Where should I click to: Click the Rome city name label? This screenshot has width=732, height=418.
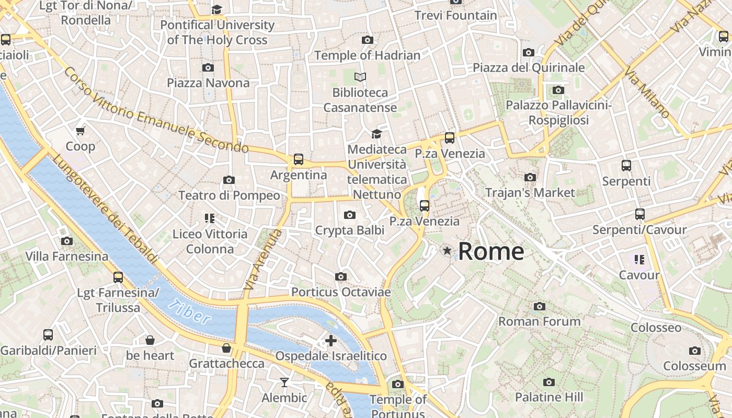point(491,251)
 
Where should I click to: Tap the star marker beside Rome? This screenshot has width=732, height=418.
point(447,251)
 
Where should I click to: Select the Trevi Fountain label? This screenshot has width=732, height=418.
point(455,15)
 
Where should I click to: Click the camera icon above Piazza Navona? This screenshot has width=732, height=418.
point(208,67)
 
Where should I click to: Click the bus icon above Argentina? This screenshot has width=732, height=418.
point(299,159)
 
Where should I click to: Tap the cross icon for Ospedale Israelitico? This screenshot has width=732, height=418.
point(331,341)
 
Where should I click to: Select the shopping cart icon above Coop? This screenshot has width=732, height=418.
point(81,131)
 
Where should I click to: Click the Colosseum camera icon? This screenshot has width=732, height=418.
point(694,351)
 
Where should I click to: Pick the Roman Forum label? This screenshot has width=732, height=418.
point(539,321)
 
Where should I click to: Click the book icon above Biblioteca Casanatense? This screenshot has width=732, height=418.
point(360,77)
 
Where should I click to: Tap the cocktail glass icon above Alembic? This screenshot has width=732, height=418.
point(284,382)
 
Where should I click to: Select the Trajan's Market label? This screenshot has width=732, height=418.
point(530,192)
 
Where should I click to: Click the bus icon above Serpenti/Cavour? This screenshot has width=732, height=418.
point(639,214)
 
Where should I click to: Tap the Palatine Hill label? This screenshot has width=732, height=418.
point(548,397)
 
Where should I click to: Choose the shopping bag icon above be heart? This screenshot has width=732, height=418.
point(150,340)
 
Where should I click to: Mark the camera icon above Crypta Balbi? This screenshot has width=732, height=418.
point(350,215)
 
